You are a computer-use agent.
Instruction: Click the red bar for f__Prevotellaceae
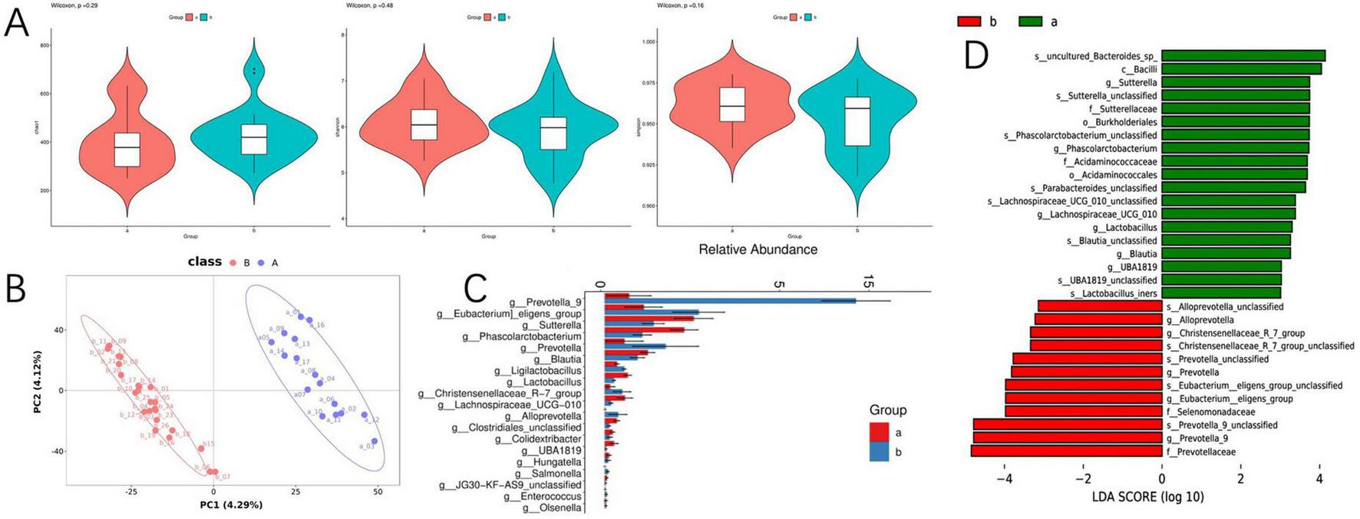[x=1066, y=451]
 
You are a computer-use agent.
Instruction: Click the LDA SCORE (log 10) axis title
[x=1147, y=497]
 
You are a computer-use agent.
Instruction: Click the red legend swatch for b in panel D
[x=969, y=21]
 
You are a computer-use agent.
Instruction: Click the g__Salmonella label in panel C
[x=550, y=474]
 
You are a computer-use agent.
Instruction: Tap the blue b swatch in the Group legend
[x=879, y=451]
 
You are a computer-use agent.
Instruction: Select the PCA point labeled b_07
[x=214, y=472]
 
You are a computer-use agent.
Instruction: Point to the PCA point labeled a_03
[x=374, y=441]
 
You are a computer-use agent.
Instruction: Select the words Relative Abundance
[x=758, y=250]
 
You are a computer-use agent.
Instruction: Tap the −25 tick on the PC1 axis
[x=131, y=491]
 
